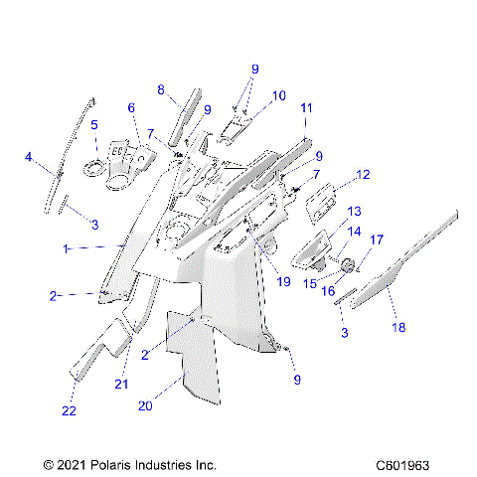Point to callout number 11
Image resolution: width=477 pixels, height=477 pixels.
point(306,107)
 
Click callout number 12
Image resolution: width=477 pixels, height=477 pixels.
point(363,175)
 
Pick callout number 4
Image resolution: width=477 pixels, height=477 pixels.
point(29,156)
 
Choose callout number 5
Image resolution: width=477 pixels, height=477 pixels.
point(94,125)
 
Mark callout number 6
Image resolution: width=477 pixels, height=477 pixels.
point(130,107)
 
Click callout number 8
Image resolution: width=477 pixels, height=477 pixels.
point(161,89)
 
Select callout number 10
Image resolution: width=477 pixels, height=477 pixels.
point(279,95)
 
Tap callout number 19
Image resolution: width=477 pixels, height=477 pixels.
point(283,282)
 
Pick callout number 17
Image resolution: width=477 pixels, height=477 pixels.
point(377,239)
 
